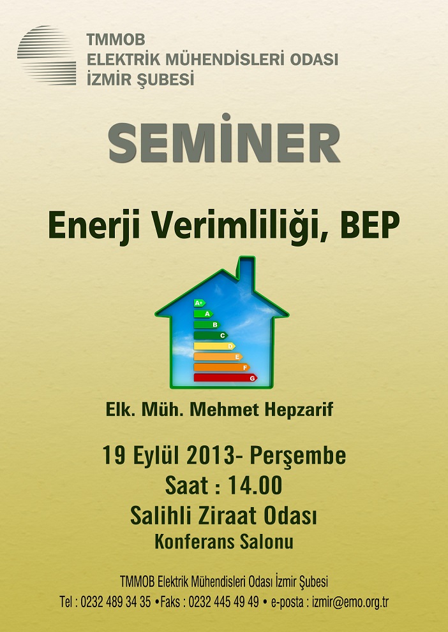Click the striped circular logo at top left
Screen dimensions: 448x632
click(x=47, y=55)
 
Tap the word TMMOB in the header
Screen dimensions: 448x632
click(x=116, y=40)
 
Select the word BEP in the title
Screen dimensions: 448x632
click(x=370, y=225)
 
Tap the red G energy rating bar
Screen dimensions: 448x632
click(x=225, y=378)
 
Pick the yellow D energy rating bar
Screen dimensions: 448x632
click(x=214, y=346)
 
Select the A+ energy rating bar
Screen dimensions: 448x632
click(x=199, y=303)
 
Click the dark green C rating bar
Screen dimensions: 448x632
click(x=211, y=335)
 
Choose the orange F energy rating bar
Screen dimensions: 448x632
click(x=221, y=367)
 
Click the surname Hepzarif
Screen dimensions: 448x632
click(x=299, y=410)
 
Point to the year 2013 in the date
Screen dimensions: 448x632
click(x=211, y=456)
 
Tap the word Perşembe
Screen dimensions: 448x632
click(x=298, y=457)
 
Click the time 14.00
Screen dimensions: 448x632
click(x=255, y=485)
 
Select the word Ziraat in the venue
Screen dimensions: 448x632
click(x=228, y=516)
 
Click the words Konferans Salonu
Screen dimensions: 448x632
click(x=224, y=542)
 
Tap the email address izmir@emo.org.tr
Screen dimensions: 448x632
click(x=350, y=602)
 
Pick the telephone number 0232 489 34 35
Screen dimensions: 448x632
click(x=116, y=602)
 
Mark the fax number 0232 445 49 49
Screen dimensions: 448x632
click(x=223, y=602)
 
